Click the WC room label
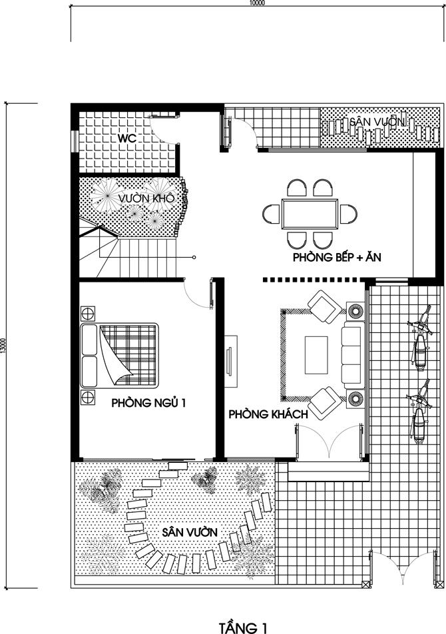(x=127, y=138)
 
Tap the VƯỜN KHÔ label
(x=146, y=198)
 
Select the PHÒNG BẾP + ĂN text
(x=337, y=257)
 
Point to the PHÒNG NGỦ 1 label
(x=148, y=403)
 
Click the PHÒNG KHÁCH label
(x=268, y=414)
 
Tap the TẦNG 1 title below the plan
(x=243, y=627)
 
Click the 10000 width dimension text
(x=257, y=3)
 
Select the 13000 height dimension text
(x=3, y=346)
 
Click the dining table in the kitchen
(x=310, y=214)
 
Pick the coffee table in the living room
(x=316, y=355)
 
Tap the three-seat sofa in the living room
(x=351, y=354)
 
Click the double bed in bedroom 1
(x=119, y=355)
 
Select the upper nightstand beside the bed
(x=88, y=313)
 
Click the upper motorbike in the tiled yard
(x=420, y=339)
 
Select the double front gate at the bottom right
(x=403, y=568)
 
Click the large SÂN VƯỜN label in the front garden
(x=190, y=532)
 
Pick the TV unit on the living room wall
(x=230, y=361)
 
